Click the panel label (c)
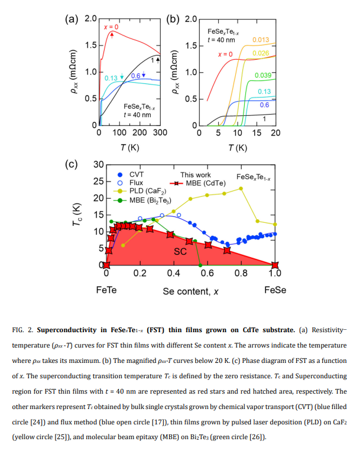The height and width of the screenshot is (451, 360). tap(72, 164)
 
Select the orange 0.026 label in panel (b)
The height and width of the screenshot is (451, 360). tap(261, 53)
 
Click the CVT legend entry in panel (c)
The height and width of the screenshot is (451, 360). tap(136, 175)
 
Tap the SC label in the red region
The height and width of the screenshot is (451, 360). tap(180, 251)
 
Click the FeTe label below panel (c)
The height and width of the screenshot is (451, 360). tap(106, 290)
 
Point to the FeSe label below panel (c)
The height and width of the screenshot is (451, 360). tap(275, 290)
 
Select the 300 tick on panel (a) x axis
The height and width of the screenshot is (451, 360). tap(160, 132)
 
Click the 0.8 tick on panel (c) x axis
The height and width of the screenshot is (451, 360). tap(241, 273)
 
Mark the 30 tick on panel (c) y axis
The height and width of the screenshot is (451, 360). tap(99, 164)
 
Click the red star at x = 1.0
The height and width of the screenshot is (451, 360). tap(275, 265)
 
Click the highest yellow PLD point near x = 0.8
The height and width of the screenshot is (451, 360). tap(241, 189)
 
